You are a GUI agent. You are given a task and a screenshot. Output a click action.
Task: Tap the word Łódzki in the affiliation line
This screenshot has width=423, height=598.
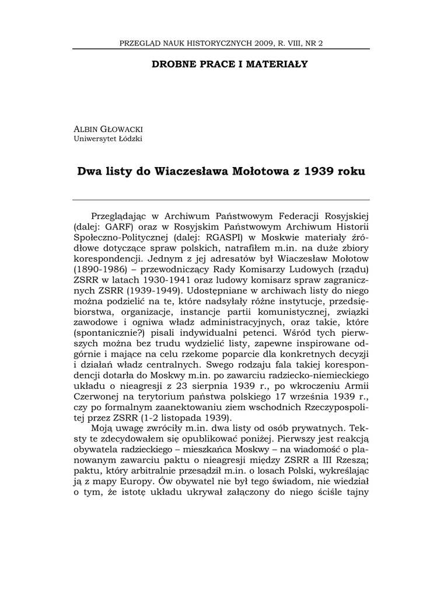pyautogui.click(x=130, y=138)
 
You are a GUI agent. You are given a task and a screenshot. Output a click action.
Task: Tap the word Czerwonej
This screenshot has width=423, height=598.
pyautogui.click(x=98, y=402)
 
